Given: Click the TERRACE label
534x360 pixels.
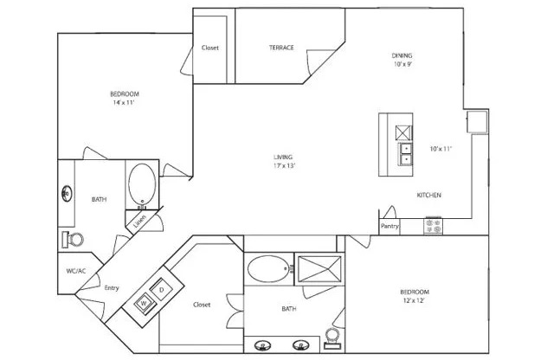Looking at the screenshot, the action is (281, 48).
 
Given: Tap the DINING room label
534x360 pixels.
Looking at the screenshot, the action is (402, 55).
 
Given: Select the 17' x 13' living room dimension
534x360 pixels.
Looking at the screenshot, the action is (283, 166).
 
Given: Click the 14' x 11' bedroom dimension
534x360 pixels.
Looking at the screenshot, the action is (124, 102).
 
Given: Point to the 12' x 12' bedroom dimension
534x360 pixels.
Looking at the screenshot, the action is (414, 300).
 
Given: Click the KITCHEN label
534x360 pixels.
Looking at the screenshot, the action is (429, 196).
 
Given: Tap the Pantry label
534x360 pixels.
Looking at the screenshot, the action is (389, 226).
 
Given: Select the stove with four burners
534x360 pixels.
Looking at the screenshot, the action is (434, 226).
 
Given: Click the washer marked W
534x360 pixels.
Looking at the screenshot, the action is (145, 303).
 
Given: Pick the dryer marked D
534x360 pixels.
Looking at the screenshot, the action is (162, 290).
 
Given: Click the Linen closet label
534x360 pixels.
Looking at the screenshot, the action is (139, 222).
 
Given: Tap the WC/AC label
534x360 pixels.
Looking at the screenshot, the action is (76, 271).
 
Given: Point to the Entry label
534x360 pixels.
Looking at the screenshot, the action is (112, 288).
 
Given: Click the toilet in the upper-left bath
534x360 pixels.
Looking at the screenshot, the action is (73, 240).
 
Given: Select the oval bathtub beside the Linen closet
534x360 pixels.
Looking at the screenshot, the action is (142, 185).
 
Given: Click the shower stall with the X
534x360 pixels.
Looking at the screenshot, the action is (319, 269).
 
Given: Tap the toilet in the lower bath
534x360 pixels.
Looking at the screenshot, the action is (332, 338).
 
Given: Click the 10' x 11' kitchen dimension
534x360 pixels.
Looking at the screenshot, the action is (441, 149).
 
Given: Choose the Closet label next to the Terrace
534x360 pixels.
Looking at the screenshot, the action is (210, 48).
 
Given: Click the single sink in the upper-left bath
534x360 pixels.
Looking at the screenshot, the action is (67, 194).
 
